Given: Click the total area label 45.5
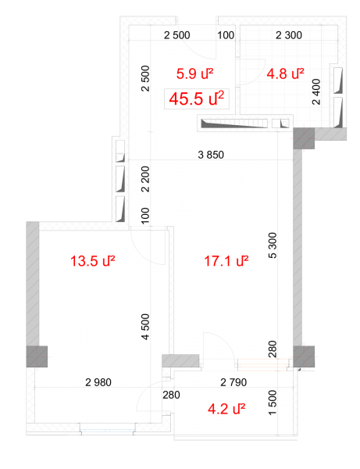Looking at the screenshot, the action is click(196, 98).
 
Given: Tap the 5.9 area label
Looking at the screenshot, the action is click(194, 74).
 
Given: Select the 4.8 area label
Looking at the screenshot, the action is click(285, 74).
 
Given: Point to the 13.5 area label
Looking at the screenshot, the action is click(92, 261).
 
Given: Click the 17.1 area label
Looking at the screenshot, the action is click(226, 261).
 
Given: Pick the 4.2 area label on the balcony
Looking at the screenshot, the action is click(226, 409).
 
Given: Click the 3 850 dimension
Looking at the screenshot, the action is click(211, 155).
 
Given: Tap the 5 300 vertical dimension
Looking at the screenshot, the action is click(273, 245).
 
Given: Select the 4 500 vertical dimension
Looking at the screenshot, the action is click(145, 327).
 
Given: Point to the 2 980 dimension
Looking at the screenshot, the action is click(98, 382).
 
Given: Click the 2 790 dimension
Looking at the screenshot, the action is click(233, 382).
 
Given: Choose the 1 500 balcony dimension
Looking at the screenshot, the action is click(273, 403).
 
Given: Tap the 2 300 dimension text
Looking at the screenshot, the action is click(289, 35).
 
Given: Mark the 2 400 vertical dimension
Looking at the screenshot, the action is click(316, 91).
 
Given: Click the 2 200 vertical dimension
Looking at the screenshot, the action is click(145, 179).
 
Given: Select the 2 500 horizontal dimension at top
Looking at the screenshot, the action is click(176, 35).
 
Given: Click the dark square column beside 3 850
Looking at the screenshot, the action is click(304, 138).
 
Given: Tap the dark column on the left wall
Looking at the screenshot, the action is click(37, 356).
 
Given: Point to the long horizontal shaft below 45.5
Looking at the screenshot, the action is click(234, 124).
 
